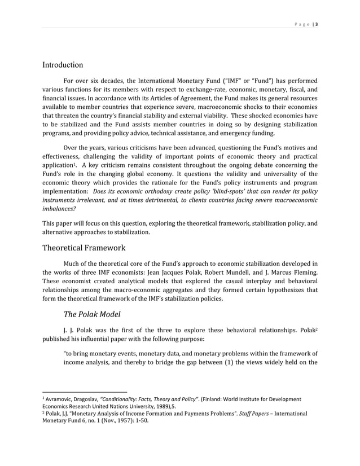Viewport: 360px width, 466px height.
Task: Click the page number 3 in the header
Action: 317,24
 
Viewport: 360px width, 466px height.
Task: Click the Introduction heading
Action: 63,65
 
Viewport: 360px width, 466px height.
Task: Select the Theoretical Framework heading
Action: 84,248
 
